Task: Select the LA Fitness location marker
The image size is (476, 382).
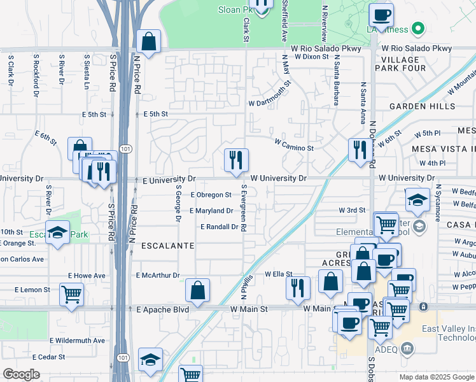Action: pyautogui.click(x=418, y=29)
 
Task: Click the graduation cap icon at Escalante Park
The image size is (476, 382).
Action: pyautogui.click(x=57, y=233)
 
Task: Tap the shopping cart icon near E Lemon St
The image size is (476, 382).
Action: pyautogui.click(x=71, y=294)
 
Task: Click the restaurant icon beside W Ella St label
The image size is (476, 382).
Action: pyautogui.click(x=298, y=287)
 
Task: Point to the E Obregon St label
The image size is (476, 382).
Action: pyautogui.click(x=211, y=195)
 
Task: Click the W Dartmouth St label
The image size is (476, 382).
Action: pyautogui.click(x=270, y=93)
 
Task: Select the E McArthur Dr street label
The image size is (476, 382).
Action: pyautogui.click(x=158, y=275)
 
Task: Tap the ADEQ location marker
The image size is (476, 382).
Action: pyautogui.click(x=408, y=348)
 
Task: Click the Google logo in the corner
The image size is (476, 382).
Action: pyautogui.click(x=22, y=374)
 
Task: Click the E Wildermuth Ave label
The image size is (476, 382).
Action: pyautogui.click(x=76, y=341)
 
